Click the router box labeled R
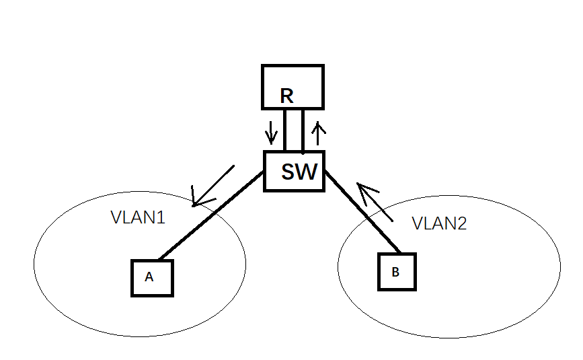point(293,87)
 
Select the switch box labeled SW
point(294,171)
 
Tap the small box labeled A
point(152,277)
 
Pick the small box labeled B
point(397,272)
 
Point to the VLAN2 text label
point(438,223)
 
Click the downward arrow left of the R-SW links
point(271,132)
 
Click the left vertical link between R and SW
point(285,130)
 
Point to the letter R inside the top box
point(286,96)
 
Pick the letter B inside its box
point(395,272)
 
